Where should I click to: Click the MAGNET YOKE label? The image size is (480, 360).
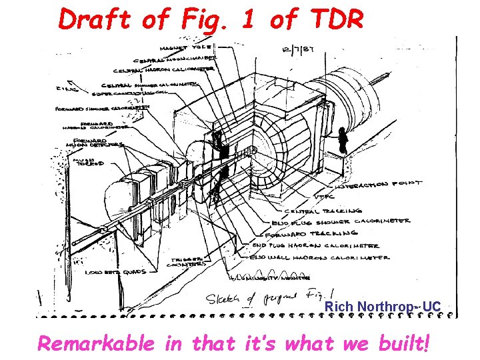coord(187,47)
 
